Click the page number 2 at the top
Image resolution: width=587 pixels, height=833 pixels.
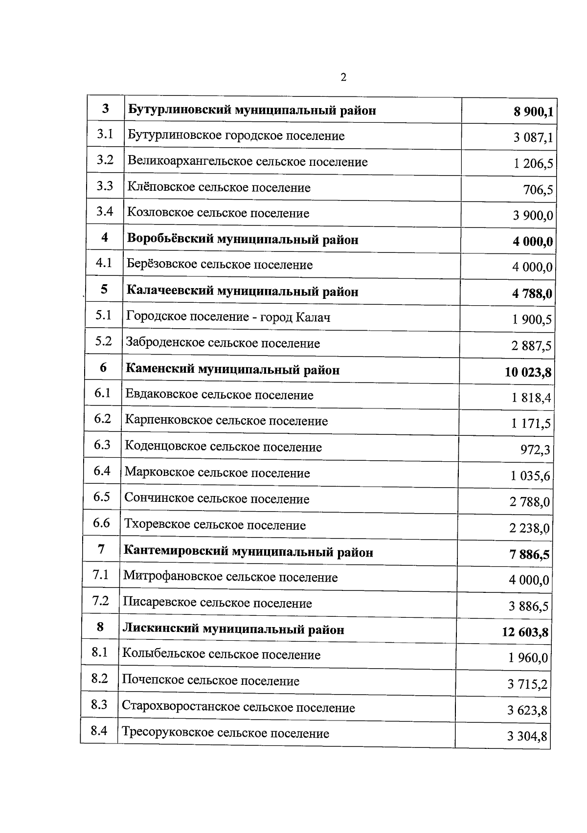click(x=343, y=77)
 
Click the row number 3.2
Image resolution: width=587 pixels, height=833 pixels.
click(x=105, y=160)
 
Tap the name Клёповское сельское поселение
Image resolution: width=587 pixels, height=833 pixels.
click(x=219, y=188)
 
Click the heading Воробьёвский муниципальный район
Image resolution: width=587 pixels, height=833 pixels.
click(x=243, y=240)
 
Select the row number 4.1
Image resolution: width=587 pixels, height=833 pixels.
click(x=104, y=263)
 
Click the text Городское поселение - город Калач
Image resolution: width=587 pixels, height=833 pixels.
click(x=228, y=317)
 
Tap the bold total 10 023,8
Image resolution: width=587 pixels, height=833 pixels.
click(x=528, y=373)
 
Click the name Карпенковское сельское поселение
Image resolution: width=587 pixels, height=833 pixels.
click(x=226, y=421)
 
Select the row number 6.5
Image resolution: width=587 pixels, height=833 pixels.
click(x=102, y=497)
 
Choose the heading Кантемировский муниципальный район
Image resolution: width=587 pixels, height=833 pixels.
click(x=248, y=552)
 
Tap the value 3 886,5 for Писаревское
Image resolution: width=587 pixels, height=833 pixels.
click(x=528, y=607)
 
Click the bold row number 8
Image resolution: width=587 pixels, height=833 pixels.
click(x=100, y=627)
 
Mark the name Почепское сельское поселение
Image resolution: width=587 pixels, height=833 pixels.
click(x=210, y=681)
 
